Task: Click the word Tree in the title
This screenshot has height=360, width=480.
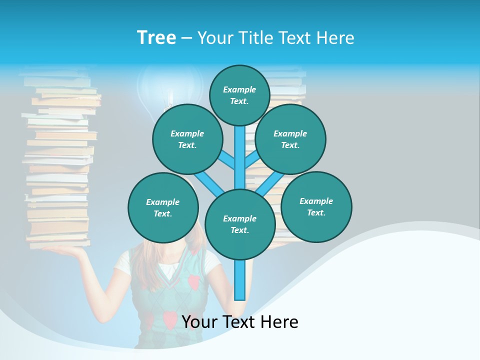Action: coord(156,37)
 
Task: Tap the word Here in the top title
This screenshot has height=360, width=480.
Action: coord(335,37)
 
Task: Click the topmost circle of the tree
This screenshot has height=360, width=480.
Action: coord(239,95)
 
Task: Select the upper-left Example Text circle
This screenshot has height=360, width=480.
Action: coord(187,139)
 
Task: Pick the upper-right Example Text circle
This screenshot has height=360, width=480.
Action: coord(290,139)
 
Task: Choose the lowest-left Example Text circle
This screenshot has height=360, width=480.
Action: coord(163,207)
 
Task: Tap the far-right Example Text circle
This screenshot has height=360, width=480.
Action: coord(316,206)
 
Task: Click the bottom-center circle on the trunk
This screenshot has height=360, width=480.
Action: coord(240,224)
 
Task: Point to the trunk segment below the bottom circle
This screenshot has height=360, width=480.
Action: coord(240,280)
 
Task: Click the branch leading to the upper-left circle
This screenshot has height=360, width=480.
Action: coord(227,161)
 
